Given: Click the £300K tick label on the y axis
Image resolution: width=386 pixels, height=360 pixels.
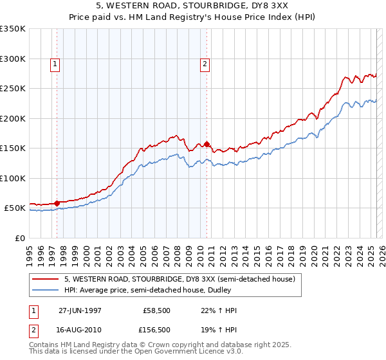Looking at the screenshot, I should (x=13, y=59).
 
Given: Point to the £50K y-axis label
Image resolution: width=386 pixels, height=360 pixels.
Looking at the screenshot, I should (x=15, y=208).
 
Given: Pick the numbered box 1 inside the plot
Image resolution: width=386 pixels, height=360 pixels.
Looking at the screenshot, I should (x=55, y=64).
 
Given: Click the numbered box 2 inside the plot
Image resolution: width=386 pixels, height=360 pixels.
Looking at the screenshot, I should (x=205, y=64).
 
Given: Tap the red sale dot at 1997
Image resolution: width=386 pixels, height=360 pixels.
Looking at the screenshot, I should (x=57, y=203).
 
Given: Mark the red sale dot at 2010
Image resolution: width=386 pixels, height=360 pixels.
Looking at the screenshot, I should (x=207, y=144).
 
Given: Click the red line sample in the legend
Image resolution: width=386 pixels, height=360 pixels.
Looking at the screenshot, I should (x=45, y=279).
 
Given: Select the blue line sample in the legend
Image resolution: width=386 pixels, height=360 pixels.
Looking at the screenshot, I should (x=45, y=291).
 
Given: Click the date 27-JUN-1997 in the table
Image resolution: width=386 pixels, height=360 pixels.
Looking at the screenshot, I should (x=80, y=310).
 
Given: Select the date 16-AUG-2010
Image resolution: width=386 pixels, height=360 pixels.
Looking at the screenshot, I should (x=80, y=329).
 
